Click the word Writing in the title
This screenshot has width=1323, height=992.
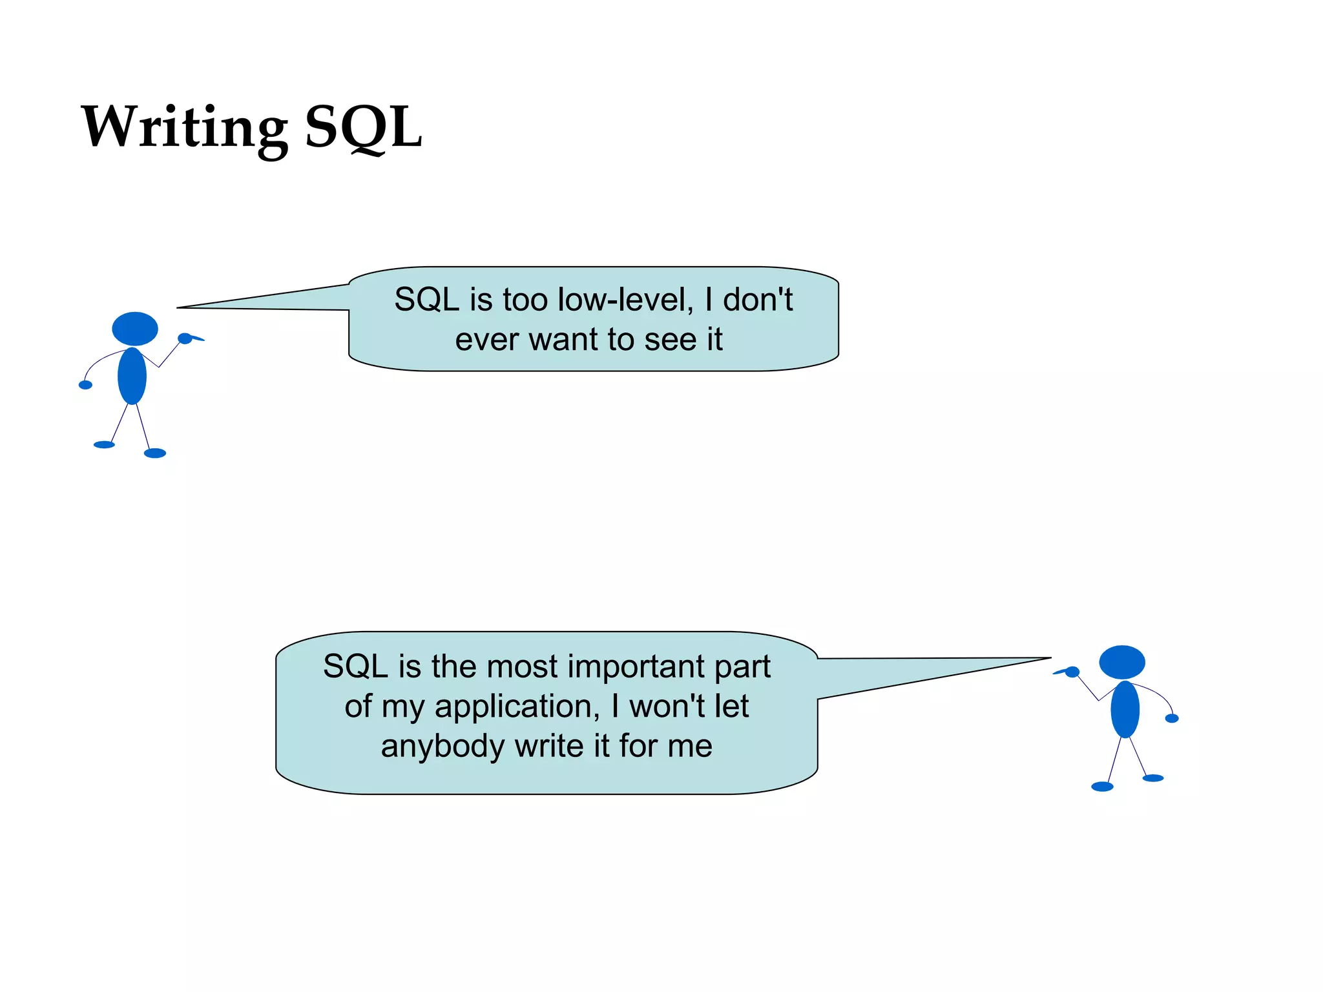[x=184, y=127]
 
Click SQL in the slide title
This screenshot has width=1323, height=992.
[x=363, y=127]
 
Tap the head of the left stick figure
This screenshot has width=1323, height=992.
[x=135, y=329]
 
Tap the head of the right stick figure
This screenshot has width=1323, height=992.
[x=1122, y=662]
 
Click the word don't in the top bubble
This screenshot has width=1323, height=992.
[x=757, y=300]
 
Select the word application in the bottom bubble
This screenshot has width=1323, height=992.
[x=513, y=706]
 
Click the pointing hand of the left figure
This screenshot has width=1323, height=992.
[x=186, y=338]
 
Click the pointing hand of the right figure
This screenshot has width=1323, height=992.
[x=1071, y=672]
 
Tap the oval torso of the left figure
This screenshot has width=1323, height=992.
[x=132, y=376]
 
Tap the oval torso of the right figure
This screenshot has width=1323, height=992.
[x=1125, y=709]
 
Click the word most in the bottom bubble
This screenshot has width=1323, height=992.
[x=522, y=666]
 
